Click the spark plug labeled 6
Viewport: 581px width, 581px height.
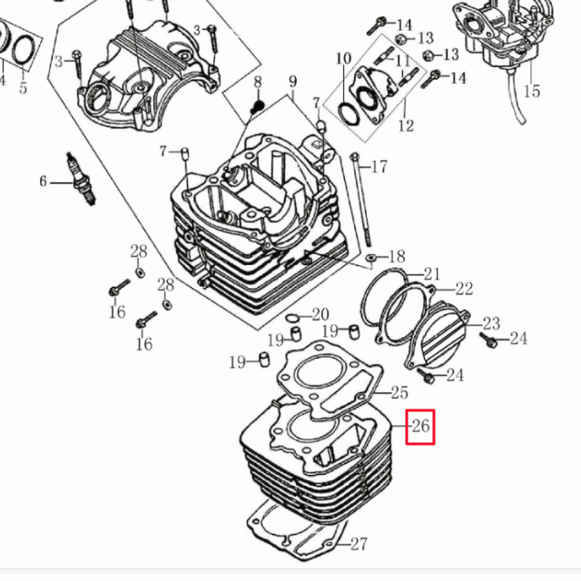click(x=81, y=179)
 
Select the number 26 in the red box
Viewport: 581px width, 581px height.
click(x=420, y=427)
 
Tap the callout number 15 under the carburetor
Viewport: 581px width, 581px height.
click(x=532, y=91)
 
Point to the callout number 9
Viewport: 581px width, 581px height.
click(x=292, y=81)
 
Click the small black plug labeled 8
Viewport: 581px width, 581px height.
click(x=257, y=107)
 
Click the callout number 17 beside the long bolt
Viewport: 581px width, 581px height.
click(x=379, y=167)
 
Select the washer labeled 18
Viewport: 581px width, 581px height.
click(x=370, y=257)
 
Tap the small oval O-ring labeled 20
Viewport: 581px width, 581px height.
click(x=292, y=318)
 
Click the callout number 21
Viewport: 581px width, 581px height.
click(x=432, y=274)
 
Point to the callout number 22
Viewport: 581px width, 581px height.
click(x=464, y=289)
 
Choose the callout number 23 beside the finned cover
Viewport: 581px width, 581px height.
click(x=491, y=323)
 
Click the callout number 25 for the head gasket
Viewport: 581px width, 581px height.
click(x=399, y=392)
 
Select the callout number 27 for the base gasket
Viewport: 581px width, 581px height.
click(x=359, y=544)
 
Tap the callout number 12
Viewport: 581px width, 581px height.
click(x=406, y=125)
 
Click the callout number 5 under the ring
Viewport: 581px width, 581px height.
click(x=23, y=88)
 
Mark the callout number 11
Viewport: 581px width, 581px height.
click(x=403, y=61)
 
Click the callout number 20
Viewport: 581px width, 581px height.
click(x=320, y=315)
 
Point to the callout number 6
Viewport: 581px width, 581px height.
click(x=44, y=182)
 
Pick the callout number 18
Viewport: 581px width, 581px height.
click(x=397, y=256)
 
